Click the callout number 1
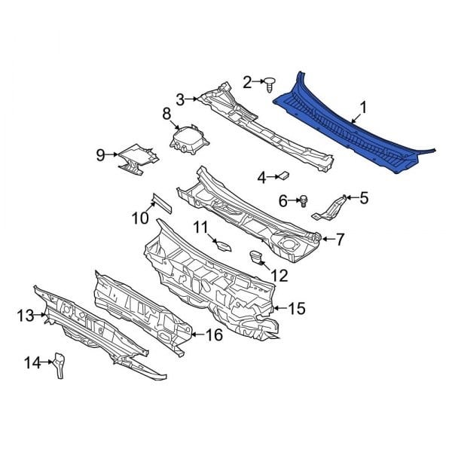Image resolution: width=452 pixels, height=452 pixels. (364, 108)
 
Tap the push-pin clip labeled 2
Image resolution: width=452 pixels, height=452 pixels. (270, 84)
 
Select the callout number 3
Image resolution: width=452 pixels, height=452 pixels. (180, 99)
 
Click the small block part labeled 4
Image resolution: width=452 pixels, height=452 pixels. (283, 176)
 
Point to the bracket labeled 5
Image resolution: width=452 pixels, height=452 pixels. (330, 209)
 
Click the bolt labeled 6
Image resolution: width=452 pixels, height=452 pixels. (304, 200)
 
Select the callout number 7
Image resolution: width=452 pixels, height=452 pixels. (341, 240)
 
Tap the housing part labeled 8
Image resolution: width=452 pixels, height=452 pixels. (189, 139)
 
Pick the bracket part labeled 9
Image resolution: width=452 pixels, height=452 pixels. (139, 159)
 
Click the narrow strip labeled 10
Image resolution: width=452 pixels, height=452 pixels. (162, 203)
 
